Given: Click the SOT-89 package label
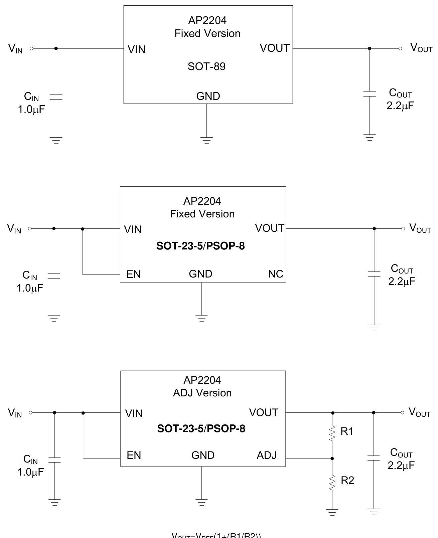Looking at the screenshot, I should coord(206,66).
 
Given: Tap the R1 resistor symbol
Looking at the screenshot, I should coord(332,433).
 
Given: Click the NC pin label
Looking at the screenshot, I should coord(275,274).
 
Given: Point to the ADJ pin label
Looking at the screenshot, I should coord(266,455).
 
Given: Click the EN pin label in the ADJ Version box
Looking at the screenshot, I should coord(134,456).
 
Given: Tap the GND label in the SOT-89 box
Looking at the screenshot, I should coord(208,96).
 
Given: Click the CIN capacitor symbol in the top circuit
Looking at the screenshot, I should coord(56,97).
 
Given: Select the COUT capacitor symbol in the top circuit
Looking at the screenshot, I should coord(369,94).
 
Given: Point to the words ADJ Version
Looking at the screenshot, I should coord(202,393).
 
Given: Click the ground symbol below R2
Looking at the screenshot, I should coord(332,512).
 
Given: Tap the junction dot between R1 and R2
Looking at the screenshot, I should coord(332,459).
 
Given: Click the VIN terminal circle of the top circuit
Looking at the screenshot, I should coord(31,48).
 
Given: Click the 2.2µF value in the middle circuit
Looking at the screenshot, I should coord(402,282).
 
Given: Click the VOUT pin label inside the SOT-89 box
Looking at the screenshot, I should coord(274,48).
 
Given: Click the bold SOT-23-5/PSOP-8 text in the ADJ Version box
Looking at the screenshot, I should coord(201,429).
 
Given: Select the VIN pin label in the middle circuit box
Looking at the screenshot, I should coord(133,229).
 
